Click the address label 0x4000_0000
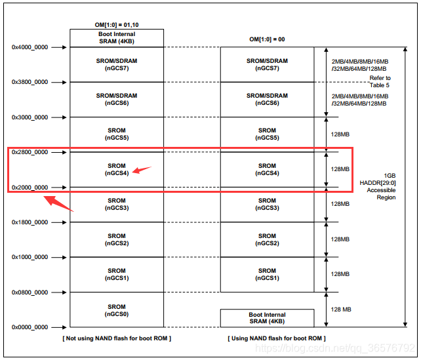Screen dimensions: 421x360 point(30,47)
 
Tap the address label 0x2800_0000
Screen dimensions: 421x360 point(30,152)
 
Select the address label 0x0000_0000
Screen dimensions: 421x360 point(30,327)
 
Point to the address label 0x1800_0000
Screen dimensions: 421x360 point(30,222)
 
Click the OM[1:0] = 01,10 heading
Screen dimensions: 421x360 point(117,25)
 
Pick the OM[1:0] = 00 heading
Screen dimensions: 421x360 point(266,40)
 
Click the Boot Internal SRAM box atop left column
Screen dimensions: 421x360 point(117,38)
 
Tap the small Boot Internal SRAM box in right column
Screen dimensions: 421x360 point(267,318)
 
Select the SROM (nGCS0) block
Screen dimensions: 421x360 point(117,310)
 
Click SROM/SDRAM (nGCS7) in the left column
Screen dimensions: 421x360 point(117,64)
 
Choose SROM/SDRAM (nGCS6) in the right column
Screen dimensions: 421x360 point(267,99)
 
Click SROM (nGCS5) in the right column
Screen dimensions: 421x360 point(267,134)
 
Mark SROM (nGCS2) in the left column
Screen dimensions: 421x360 point(117,239)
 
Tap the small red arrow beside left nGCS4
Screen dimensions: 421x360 point(141,170)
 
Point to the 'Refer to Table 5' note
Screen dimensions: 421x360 point(380,81)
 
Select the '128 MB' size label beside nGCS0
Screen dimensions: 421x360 point(341,310)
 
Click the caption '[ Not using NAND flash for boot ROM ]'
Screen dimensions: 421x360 point(117,338)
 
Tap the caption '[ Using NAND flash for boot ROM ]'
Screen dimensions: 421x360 point(276,338)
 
